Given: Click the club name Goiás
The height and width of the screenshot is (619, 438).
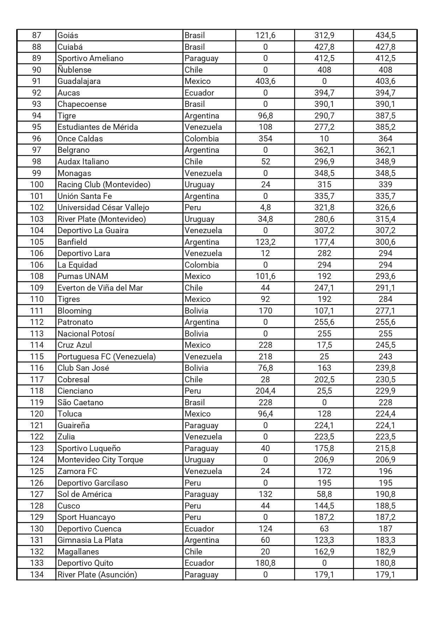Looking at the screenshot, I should click(x=68, y=35).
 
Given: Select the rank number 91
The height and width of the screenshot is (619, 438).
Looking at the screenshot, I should click(x=37, y=81).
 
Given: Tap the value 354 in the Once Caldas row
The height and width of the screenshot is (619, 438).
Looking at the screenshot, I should click(x=265, y=139).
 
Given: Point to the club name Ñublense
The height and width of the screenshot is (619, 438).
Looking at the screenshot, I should click(x=74, y=70).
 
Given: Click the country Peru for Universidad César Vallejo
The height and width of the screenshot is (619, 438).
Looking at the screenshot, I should click(x=193, y=207).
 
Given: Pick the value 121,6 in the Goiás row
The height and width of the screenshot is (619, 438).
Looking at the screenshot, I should click(x=265, y=35).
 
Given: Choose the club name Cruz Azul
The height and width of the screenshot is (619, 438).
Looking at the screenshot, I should click(x=74, y=345).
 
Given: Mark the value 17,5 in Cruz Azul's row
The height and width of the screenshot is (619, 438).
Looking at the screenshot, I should click(x=324, y=345).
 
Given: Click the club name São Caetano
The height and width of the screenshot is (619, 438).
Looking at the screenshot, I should click(x=80, y=402).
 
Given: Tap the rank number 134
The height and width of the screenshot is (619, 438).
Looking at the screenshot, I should click(x=37, y=575).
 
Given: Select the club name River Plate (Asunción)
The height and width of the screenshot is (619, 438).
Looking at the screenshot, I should click(x=97, y=575).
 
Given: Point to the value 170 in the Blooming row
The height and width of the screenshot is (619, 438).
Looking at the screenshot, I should click(x=265, y=311).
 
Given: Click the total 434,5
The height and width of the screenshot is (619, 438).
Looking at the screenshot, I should click(x=385, y=35).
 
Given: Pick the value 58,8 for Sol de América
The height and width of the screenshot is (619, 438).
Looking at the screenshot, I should click(x=324, y=494).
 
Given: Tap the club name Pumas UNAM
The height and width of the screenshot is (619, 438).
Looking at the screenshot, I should click(x=83, y=276).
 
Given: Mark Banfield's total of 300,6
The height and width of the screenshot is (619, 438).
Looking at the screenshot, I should click(x=385, y=242).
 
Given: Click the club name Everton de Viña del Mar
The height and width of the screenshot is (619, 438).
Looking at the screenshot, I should click(x=100, y=288).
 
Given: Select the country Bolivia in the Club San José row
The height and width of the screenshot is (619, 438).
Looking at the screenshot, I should click(x=196, y=368).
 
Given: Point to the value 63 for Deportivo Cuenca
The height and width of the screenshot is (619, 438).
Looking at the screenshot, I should click(x=324, y=529).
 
